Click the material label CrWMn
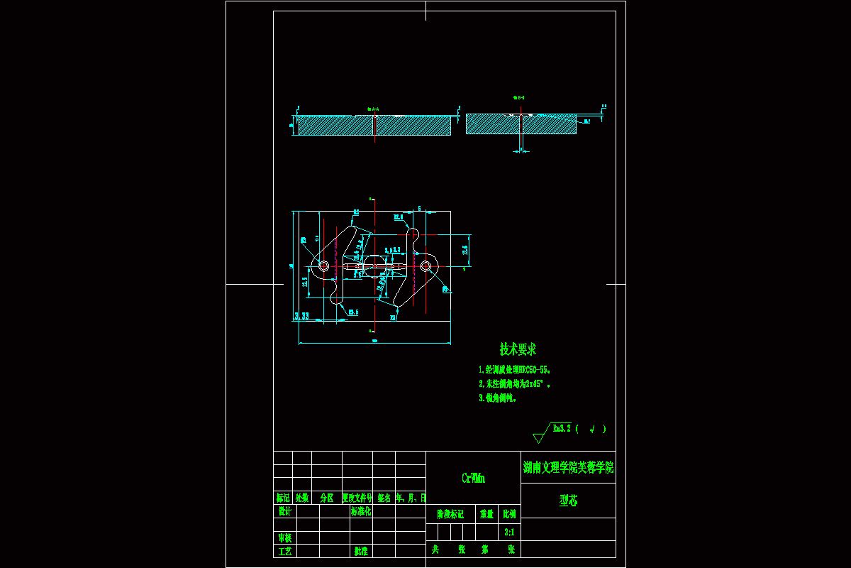[473, 479]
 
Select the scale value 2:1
[509, 532]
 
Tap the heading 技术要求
[518, 349]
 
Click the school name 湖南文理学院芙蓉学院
[568, 468]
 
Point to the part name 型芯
[568, 501]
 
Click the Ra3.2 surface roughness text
[561, 428]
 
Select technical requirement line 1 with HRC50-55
[515, 370]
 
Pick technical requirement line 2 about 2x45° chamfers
[514, 384]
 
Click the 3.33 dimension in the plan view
[301, 315]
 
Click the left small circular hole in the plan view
[324, 266]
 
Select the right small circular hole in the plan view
[425, 266]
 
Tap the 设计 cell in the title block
[284, 510]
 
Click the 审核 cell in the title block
[284, 537]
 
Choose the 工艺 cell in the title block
[284, 550]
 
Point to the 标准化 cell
[361, 510]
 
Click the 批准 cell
[361, 550]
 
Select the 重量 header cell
[486, 513]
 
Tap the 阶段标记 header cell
[450, 513]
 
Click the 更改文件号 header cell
[357, 498]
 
